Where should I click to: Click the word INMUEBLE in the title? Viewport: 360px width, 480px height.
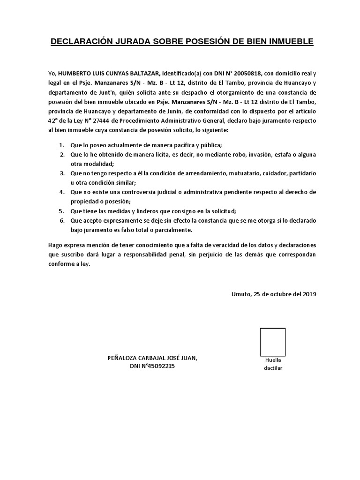coord(289,42)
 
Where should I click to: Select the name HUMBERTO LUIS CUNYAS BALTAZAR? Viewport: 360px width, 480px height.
coord(109,73)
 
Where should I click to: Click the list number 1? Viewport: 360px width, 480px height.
coord(62,145)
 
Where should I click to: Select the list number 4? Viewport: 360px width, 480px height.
coord(62,192)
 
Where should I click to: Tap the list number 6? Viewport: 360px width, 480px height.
coord(62,220)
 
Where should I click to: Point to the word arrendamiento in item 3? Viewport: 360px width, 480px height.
coord(205,173)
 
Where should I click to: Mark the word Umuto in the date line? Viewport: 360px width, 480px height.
coord(241,294)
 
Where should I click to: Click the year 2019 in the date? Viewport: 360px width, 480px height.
coord(309,294)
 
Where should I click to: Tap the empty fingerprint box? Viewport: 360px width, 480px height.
coord(273,342)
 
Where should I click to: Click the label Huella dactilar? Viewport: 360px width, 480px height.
coord(273,364)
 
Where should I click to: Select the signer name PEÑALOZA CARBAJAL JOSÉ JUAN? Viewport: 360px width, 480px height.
coord(153,358)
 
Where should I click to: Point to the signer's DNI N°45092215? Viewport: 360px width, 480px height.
coord(152,367)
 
